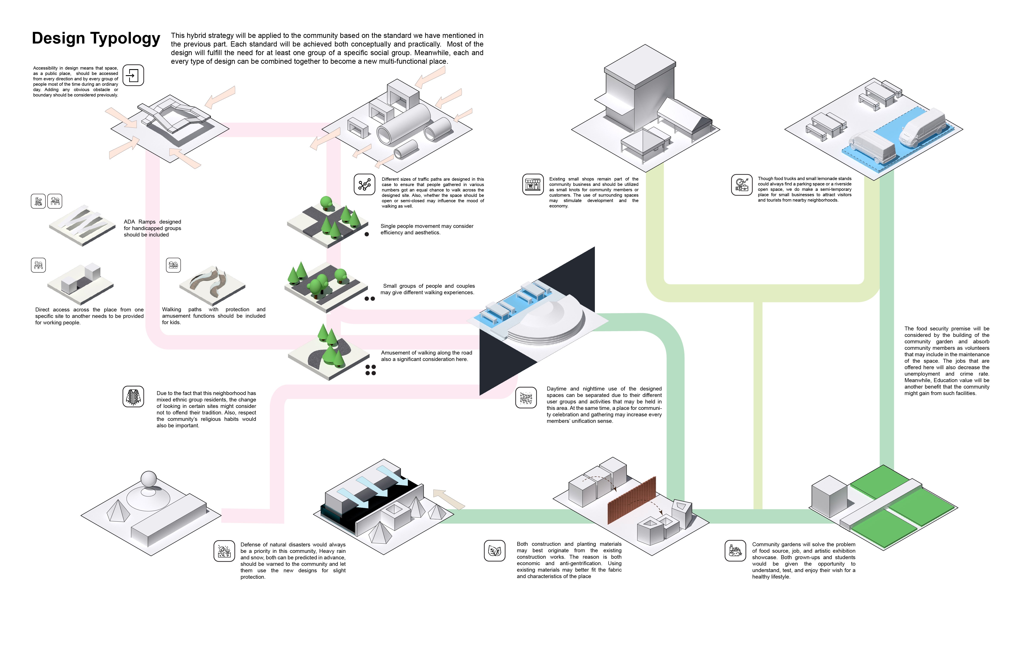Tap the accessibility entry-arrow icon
[x=133, y=75]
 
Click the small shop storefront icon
[x=533, y=184]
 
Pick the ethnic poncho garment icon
[x=133, y=396]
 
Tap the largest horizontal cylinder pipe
[x=403, y=124]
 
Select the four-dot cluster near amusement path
[x=370, y=370]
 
